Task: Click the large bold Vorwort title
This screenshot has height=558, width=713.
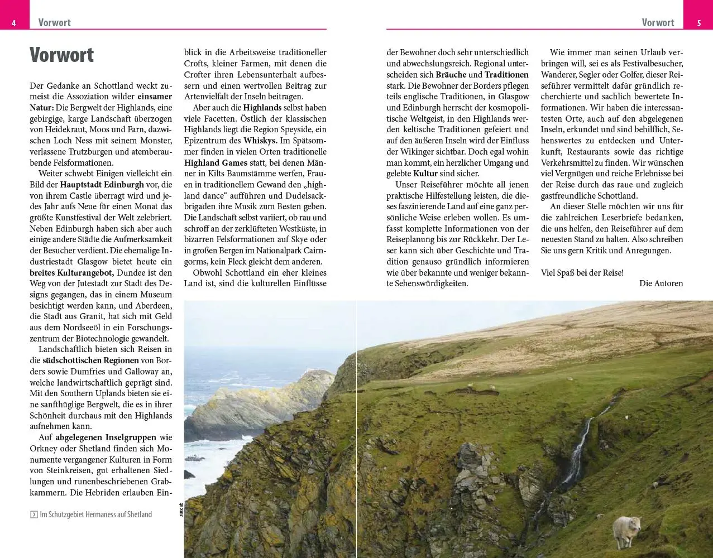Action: click(x=61, y=55)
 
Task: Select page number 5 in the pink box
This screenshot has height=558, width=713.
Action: click(x=698, y=23)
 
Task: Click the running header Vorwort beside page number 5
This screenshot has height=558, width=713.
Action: click(x=658, y=23)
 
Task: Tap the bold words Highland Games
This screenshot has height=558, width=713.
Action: click(x=216, y=162)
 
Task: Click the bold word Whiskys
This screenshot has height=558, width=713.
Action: click(x=261, y=141)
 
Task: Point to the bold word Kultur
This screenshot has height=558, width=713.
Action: click(x=425, y=174)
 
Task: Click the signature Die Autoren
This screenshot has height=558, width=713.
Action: click(x=661, y=283)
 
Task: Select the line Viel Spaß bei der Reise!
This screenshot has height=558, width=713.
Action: click(x=582, y=273)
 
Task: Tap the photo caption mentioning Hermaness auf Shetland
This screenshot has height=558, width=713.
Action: click(x=96, y=514)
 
